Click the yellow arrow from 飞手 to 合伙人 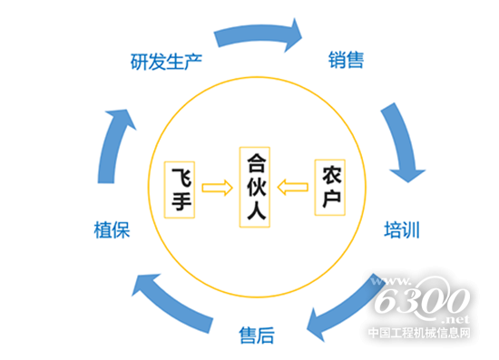218,189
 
